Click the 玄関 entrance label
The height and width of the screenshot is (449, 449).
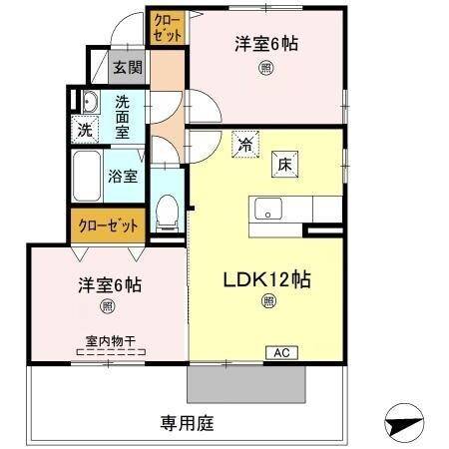point(127,69)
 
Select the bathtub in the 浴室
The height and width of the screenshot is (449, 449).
point(87,177)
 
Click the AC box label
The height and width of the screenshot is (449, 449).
point(280,352)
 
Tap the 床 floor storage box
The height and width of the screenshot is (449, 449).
point(284,166)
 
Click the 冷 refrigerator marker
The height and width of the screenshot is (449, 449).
point(245,144)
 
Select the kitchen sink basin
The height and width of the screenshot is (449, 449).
point(268,210)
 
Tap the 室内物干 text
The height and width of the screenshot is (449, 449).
point(111,340)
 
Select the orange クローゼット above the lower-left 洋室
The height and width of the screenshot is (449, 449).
point(107,225)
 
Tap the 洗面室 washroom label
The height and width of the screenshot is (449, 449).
point(123,116)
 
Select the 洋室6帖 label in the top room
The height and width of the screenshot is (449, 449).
point(266,44)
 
